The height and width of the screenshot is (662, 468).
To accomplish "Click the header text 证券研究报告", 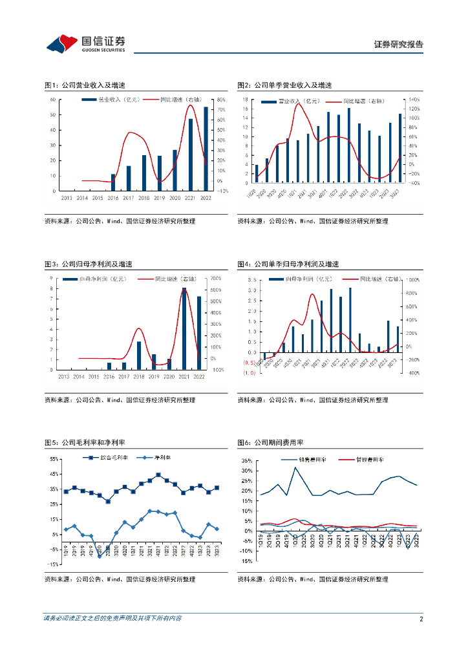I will (x=399, y=45).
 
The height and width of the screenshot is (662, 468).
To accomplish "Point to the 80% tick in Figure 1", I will (x=220, y=100).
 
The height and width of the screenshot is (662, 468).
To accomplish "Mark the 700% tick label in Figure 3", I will (x=217, y=279).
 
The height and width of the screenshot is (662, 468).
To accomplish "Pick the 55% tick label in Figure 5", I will (x=54, y=459).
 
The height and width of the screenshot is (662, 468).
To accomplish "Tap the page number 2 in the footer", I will (x=421, y=619).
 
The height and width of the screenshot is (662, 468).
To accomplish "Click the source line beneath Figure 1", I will (x=120, y=221).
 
